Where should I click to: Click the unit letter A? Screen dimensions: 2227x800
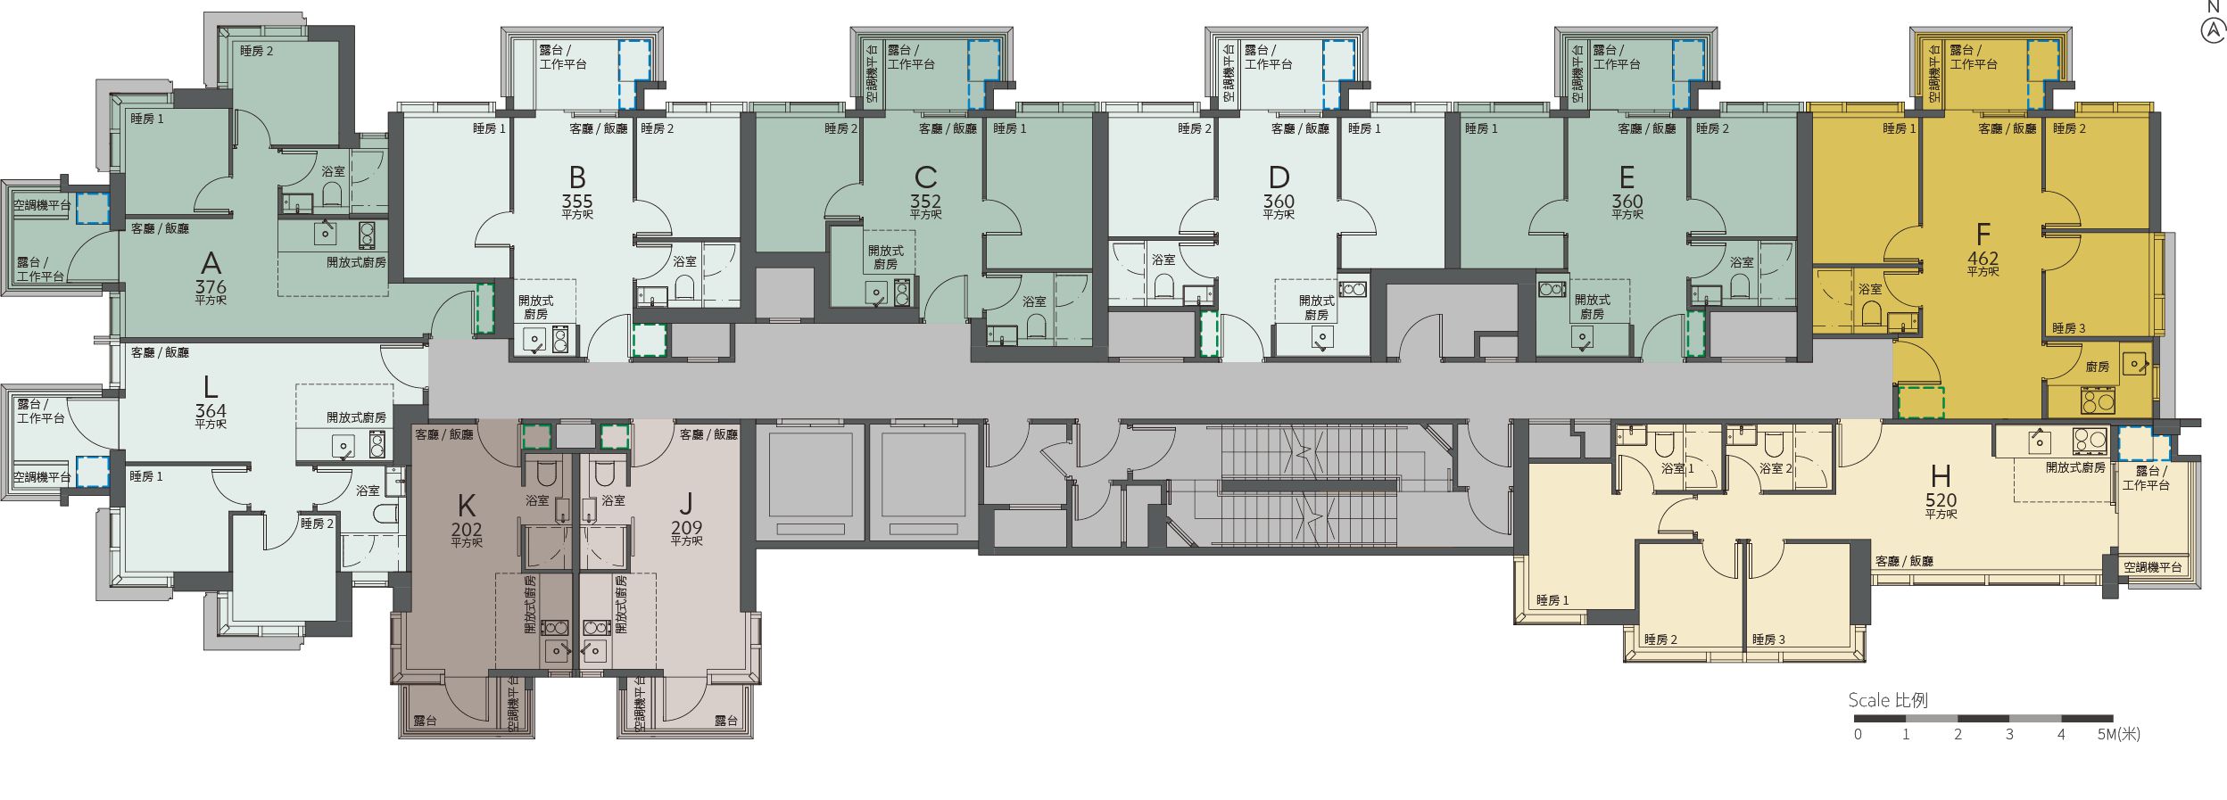(x=211, y=263)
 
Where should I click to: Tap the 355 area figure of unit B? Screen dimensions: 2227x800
(x=577, y=202)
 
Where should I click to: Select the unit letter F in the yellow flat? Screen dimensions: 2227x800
(x=1983, y=235)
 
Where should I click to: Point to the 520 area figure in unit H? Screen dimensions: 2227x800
(x=1941, y=501)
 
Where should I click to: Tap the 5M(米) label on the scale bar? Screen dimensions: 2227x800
(x=2118, y=735)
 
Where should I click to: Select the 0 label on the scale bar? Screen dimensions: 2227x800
(x=1858, y=735)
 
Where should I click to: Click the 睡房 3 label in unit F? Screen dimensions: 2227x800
(x=2068, y=328)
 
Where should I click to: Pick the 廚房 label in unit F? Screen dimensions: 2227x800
(x=2097, y=367)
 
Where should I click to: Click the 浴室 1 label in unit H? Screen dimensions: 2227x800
(x=1677, y=468)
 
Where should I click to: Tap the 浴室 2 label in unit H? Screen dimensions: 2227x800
(x=1776, y=468)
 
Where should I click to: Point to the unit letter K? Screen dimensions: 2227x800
(x=466, y=507)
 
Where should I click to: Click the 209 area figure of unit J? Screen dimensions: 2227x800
(x=686, y=529)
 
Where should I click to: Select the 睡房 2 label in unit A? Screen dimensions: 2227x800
(x=256, y=51)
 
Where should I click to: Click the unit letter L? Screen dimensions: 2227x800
(x=211, y=387)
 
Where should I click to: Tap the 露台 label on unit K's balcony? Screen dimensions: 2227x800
(x=425, y=721)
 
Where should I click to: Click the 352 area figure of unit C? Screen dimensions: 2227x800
(x=925, y=202)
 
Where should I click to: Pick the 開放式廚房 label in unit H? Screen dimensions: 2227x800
(x=2075, y=467)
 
